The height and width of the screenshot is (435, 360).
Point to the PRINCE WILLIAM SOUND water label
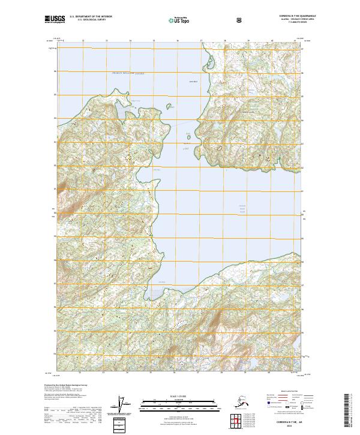tap(128, 74)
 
